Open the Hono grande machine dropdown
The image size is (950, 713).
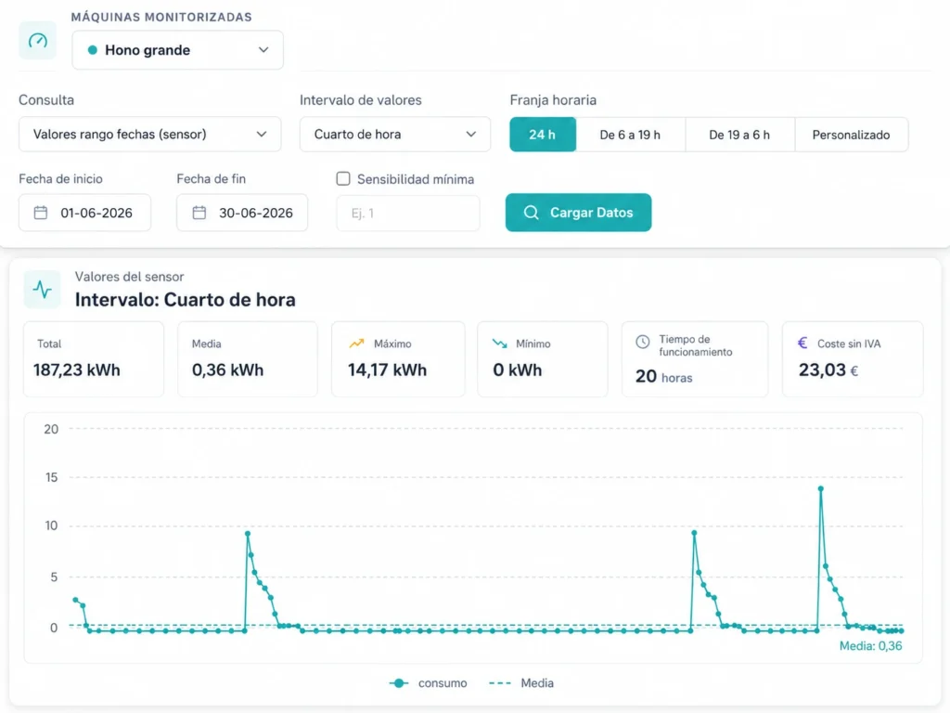(x=177, y=50)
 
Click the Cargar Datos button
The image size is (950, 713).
(x=579, y=213)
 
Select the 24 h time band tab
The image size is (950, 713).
(x=543, y=135)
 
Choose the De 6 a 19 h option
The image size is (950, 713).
(x=630, y=135)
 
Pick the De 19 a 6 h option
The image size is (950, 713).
(x=739, y=135)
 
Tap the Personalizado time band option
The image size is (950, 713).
(x=852, y=135)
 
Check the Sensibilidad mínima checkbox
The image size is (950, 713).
(x=343, y=178)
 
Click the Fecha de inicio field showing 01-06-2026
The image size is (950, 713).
(x=84, y=213)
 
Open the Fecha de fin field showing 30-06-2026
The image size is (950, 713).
(x=242, y=213)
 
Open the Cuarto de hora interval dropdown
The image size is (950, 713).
(x=395, y=134)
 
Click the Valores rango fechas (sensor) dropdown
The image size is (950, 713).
(x=149, y=134)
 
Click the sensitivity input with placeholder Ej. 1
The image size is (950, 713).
(x=408, y=213)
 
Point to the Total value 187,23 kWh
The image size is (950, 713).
(x=77, y=369)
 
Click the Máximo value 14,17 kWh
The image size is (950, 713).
(x=387, y=369)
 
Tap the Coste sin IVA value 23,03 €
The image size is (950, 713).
(x=828, y=369)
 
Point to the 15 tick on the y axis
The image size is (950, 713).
(x=52, y=477)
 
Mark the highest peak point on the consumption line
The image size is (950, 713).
(x=821, y=488)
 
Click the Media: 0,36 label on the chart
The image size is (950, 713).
(x=870, y=646)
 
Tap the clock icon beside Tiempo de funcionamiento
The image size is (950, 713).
(x=643, y=342)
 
